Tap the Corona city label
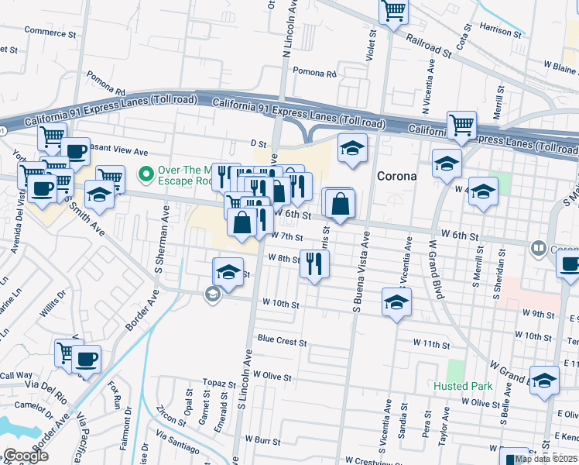[396, 176]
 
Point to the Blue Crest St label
[283, 340]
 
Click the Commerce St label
[50, 33]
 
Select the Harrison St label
[500, 30]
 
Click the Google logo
[25, 456]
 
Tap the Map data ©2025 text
[545, 459]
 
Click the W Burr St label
[259, 441]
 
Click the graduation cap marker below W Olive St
[544, 381]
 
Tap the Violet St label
[370, 46]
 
